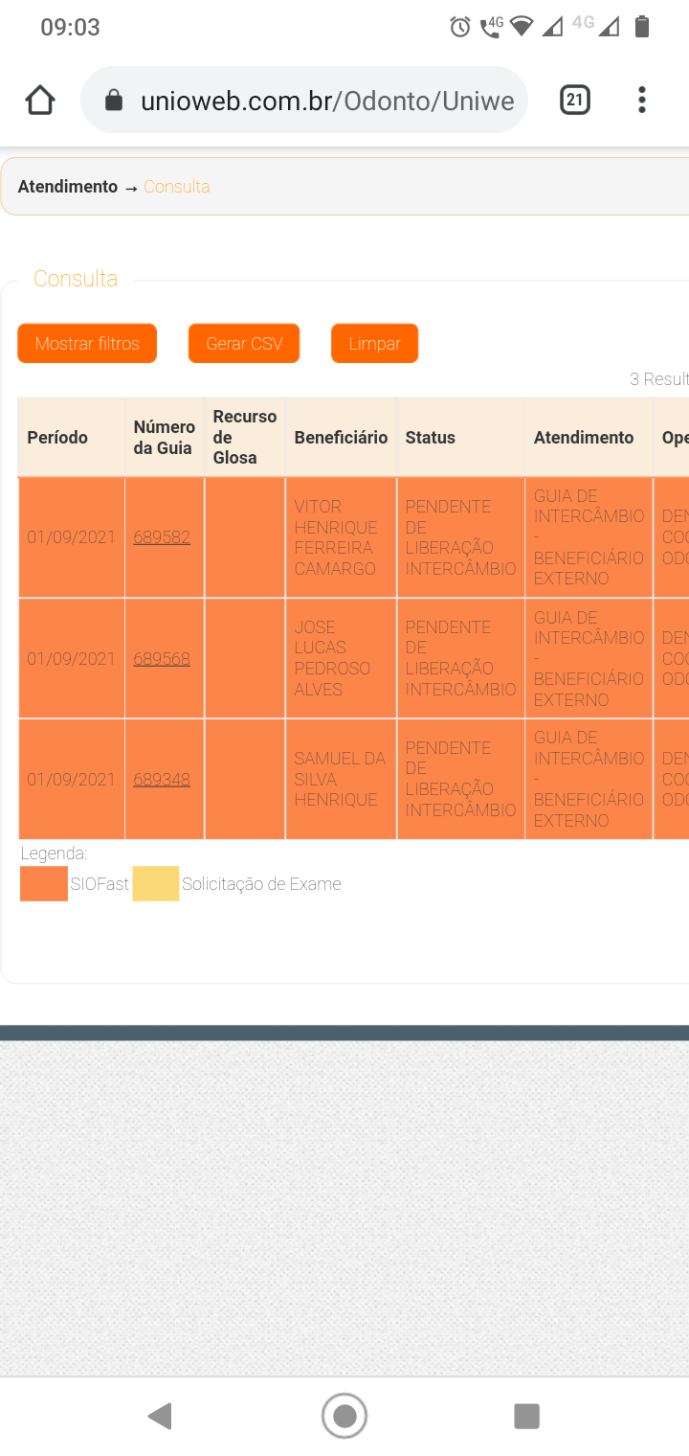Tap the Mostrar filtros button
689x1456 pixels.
click(x=87, y=344)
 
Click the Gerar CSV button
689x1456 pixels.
click(x=244, y=344)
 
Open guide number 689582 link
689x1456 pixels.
click(x=162, y=537)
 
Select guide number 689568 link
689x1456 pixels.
click(x=162, y=659)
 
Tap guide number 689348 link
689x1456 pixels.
click(x=162, y=780)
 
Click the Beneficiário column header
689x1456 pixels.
click(x=341, y=438)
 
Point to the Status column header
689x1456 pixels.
click(x=431, y=438)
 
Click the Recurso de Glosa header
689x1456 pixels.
click(x=245, y=438)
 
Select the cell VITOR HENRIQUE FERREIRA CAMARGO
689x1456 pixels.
click(x=336, y=537)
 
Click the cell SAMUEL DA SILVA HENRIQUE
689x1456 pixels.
click(x=340, y=779)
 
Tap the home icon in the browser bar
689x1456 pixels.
click(x=40, y=101)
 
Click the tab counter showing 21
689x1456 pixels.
click(x=575, y=100)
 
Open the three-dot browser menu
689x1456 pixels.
click(x=642, y=100)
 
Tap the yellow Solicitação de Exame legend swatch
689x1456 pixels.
click(x=156, y=884)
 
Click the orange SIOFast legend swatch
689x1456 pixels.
click(x=44, y=884)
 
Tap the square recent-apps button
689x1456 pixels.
click(x=526, y=1416)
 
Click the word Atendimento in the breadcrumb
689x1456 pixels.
click(x=68, y=187)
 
